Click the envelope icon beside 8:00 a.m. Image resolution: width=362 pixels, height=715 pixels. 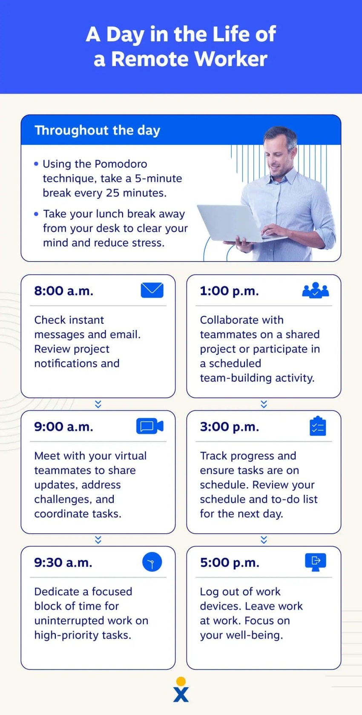point(152,290)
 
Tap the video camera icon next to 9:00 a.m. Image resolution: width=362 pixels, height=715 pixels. point(150,426)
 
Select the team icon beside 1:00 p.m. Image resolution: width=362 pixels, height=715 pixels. point(316,290)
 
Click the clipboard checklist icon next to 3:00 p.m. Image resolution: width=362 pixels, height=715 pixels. point(318,426)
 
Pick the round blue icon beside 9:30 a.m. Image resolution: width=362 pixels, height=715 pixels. point(152,562)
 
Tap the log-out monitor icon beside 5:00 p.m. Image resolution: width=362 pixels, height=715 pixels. point(316,562)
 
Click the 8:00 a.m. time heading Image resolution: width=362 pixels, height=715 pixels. point(64,291)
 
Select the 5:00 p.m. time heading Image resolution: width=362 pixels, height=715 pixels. point(230,563)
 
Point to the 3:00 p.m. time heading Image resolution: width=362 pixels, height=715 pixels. point(230,427)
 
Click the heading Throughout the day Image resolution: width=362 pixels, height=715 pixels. point(98,131)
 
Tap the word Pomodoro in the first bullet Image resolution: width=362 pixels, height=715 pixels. point(121,164)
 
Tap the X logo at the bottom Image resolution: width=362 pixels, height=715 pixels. point(181,694)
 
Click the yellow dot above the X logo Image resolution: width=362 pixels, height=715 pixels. point(181,681)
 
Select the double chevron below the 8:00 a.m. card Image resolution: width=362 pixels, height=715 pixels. point(98,404)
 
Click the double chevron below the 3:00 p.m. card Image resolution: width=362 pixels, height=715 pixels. point(264,540)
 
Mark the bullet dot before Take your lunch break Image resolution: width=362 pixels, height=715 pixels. point(36,214)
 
